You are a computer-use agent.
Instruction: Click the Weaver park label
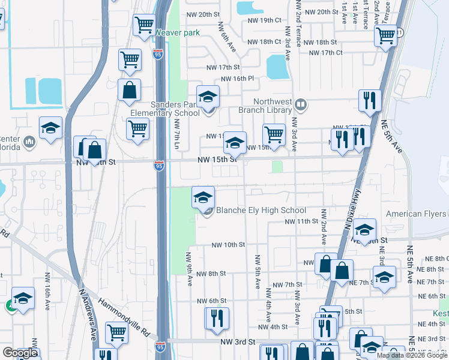tap(177, 32)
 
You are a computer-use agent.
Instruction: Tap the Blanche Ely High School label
tap(261, 211)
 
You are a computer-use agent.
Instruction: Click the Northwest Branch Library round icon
tap(301, 106)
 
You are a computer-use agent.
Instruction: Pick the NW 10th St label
tap(228, 245)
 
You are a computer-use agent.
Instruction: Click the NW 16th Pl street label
tap(237, 79)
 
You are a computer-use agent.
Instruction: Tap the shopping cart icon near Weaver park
tap(145, 25)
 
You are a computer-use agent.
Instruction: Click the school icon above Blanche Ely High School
tap(203, 196)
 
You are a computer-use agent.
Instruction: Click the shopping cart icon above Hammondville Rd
tap(116, 332)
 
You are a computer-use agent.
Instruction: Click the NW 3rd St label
tap(240, 341)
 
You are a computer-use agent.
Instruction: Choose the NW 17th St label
tap(223, 67)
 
